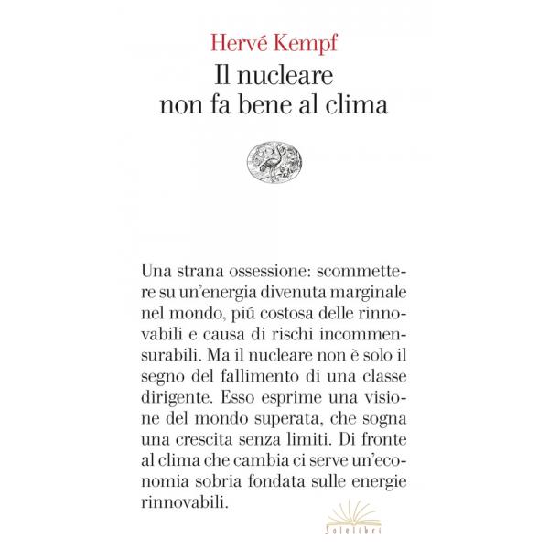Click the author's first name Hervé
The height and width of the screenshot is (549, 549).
coord(238,39)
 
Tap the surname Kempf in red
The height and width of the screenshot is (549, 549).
coord(308,41)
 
